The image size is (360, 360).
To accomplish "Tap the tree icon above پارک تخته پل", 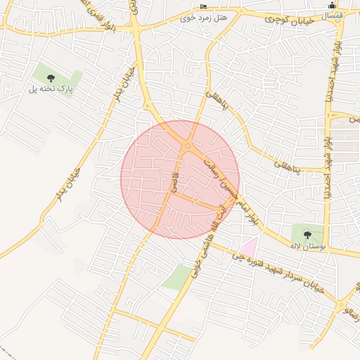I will pos(49,76).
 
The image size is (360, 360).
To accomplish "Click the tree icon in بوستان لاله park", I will pos(307,233).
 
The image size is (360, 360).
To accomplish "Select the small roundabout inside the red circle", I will pos(187,146).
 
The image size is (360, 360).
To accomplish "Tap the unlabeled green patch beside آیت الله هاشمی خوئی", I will pos(176,277).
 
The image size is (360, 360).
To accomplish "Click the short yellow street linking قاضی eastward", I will pos(194,202).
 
